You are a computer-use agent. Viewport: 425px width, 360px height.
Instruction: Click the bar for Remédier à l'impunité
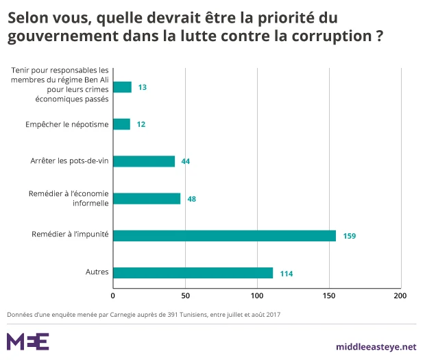coord(224,236)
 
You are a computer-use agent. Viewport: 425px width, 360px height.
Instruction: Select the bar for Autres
coord(193,273)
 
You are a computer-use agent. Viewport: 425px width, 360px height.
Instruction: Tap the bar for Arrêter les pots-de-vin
coord(144,161)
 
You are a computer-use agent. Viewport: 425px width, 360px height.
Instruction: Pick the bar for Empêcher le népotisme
coord(121,124)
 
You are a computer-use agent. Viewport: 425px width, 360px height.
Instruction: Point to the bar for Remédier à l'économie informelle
coord(147,198)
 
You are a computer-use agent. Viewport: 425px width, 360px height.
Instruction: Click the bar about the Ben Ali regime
coord(122,87)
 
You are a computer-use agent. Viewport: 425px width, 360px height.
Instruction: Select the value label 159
coord(350,236)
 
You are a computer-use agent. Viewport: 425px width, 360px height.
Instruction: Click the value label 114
coord(286,274)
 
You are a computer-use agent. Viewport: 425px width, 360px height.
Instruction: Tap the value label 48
coord(192,199)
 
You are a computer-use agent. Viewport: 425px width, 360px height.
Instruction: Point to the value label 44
coord(186,162)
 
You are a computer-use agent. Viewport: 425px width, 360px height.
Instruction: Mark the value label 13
coord(143,88)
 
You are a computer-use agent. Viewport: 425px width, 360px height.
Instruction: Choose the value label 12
coord(141,125)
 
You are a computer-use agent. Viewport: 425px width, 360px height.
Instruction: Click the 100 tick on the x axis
coord(256,296)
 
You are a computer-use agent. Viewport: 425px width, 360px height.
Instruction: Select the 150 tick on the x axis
coord(328,296)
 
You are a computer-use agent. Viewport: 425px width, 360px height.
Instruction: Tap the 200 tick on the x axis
coord(400,296)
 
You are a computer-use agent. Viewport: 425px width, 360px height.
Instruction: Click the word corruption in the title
coord(328,36)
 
